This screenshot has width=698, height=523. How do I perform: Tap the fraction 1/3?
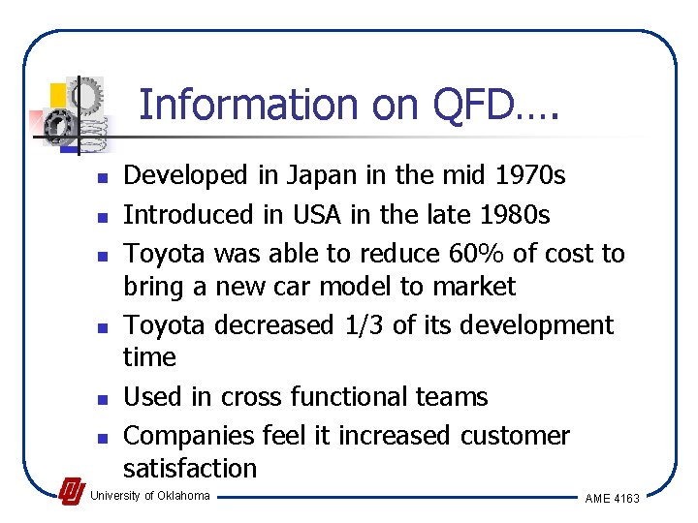tap(366, 325)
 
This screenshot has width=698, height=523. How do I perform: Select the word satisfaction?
tap(190, 469)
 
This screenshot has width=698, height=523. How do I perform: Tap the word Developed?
tap(187, 175)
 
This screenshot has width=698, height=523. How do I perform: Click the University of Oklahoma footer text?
tap(149, 496)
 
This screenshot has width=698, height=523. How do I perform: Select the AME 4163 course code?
tap(612, 498)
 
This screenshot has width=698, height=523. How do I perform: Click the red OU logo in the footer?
tap(71, 492)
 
